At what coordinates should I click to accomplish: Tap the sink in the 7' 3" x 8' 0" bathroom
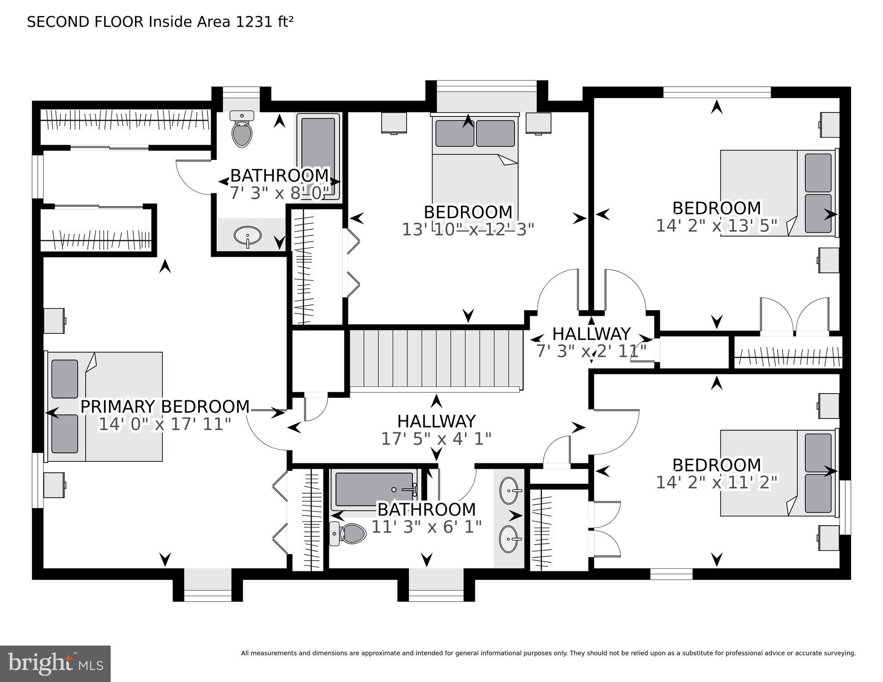(x=248, y=235)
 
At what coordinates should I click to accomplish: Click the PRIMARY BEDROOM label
(x=164, y=407)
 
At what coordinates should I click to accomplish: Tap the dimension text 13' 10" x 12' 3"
(x=467, y=230)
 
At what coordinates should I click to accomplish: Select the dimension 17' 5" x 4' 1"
(x=436, y=439)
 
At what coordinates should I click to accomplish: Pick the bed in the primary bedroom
(x=105, y=407)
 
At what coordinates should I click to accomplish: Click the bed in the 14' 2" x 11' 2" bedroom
(x=778, y=472)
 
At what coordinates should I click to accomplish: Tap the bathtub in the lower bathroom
(x=374, y=489)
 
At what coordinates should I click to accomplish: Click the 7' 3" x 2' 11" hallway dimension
(x=591, y=351)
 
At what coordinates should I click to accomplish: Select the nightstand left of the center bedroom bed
(x=394, y=123)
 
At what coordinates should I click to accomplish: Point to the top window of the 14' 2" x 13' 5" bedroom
(x=717, y=92)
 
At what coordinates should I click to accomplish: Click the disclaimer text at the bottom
(x=548, y=653)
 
